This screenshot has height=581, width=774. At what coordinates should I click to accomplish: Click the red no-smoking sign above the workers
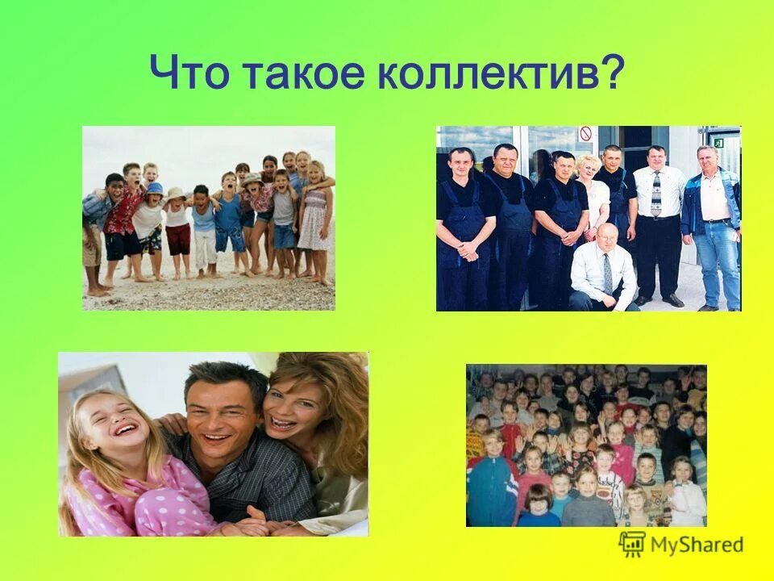coord(586,134)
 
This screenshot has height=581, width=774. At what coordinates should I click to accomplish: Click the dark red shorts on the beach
coord(177,239)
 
